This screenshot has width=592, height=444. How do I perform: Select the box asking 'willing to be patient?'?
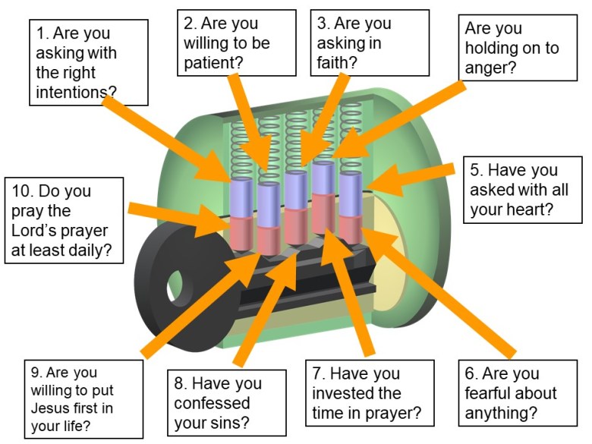[x=235, y=43]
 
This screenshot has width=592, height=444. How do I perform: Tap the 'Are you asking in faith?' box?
[x=354, y=43]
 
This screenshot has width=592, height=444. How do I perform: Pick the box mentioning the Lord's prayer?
[x=63, y=220]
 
